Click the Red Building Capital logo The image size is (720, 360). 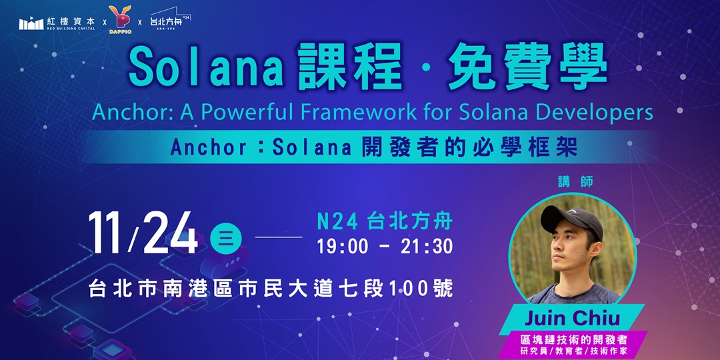pyautogui.click(x=57, y=23)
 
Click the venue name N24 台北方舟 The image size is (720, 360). pyautogui.click(x=385, y=221)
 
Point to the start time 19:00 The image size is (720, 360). pyautogui.click(x=343, y=246)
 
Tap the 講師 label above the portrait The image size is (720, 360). pyautogui.click(x=577, y=181)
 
